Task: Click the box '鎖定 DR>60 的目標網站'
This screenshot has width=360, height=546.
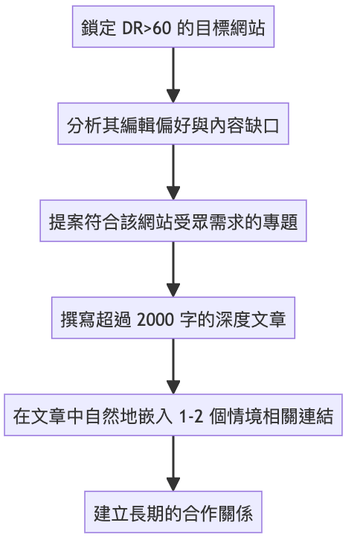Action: [x=173, y=27]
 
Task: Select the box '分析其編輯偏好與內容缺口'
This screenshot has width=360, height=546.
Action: [x=173, y=123]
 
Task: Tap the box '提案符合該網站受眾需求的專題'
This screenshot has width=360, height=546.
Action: [x=173, y=221]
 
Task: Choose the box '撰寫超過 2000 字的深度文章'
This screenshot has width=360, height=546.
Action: [x=173, y=318]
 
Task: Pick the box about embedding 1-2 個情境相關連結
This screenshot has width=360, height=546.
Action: [x=173, y=415]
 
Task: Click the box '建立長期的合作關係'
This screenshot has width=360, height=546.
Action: [x=173, y=513]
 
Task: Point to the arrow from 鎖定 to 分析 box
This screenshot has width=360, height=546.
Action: [x=173, y=75]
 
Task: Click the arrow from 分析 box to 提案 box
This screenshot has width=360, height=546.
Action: [x=173, y=172]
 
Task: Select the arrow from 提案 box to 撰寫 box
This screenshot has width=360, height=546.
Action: [x=173, y=269]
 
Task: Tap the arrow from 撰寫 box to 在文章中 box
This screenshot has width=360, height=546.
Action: [x=173, y=366]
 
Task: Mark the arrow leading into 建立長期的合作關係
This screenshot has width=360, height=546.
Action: [x=173, y=463]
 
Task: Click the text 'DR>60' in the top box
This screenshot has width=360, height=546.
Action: [x=147, y=28]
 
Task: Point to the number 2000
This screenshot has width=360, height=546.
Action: [x=155, y=319]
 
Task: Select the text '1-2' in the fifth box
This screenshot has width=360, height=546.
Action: [x=191, y=417]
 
